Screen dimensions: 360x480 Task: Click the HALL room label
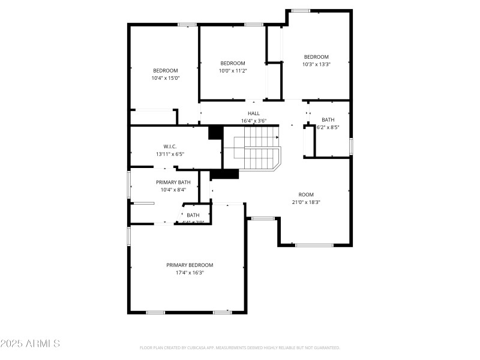(x=254, y=113)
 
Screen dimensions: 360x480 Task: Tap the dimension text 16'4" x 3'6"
(x=254, y=121)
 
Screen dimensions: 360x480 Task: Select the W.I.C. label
(x=170, y=146)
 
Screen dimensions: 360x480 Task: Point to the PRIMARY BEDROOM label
(x=190, y=265)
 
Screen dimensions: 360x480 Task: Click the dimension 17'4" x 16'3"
(x=190, y=272)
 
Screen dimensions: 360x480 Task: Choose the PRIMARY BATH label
(x=173, y=182)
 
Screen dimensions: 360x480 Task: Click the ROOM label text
(x=306, y=194)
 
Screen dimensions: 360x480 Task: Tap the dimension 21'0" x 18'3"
(x=306, y=202)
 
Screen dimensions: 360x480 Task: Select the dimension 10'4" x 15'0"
(x=166, y=77)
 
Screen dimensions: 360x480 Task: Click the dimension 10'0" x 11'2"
(x=233, y=70)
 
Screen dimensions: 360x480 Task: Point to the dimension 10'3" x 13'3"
(x=316, y=64)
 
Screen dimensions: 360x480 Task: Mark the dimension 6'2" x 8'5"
(x=328, y=127)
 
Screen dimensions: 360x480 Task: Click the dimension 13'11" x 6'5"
(x=170, y=154)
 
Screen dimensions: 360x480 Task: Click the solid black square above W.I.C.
(x=215, y=132)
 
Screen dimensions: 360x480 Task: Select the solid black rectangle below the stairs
(x=224, y=174)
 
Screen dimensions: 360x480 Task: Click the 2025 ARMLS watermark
(x=30, y=344)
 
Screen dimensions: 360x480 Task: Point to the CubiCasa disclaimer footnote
(x=240, y=347)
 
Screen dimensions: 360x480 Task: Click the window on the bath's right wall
(x=351, y=146)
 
